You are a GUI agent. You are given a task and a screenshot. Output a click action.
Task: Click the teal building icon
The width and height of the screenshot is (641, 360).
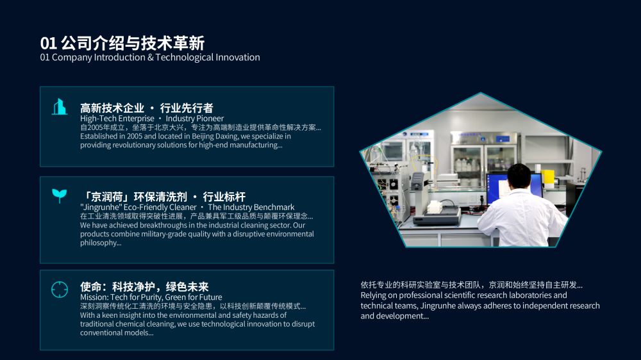pos(60,106)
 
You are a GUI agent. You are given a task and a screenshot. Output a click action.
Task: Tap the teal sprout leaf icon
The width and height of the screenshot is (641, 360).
pos(59,196)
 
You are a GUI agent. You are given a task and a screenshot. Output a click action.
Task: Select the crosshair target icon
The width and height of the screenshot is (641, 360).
pos(60,290)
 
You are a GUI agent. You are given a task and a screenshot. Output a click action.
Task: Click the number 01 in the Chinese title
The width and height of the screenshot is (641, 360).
pos(48,44)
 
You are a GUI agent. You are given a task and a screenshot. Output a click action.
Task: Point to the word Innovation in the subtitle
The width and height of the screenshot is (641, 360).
pos(238,57)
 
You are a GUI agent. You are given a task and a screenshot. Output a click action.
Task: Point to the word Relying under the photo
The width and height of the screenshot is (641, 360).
pos(372,295)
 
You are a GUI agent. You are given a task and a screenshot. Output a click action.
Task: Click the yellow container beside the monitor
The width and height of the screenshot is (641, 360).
pos(547,179)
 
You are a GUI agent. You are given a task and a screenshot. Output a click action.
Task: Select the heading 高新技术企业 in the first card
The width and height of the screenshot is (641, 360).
pos(112,108)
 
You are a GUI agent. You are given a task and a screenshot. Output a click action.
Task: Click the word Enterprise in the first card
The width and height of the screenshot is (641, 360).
pos(135,119)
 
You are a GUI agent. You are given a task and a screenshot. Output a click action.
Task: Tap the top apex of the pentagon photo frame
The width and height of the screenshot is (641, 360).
pos(481,92)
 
